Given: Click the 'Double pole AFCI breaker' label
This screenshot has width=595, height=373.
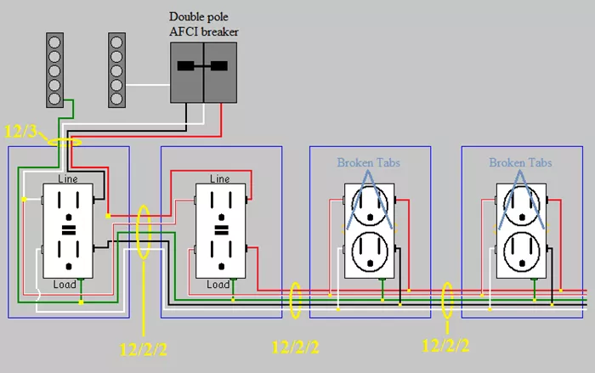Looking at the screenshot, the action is pos(204,24).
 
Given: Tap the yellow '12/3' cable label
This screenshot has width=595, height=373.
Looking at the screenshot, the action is pos(20,132).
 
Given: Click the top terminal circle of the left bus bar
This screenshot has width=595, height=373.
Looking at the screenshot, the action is pos(54,42).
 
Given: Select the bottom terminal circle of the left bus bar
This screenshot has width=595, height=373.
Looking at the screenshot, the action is pos(54,99).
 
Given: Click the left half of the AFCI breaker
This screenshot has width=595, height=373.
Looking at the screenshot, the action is pos(187,72).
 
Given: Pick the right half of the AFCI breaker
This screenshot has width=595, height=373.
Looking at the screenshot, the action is pos(220,72).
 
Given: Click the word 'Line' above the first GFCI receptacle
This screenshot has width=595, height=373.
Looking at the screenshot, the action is pos(68,178).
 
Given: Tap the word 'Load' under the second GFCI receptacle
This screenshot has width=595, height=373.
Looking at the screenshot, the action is pos(218,285).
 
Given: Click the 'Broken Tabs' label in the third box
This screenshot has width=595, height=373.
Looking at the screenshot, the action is pos(368,162).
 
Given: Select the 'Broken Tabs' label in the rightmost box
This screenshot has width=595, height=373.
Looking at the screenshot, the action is pos(520,162).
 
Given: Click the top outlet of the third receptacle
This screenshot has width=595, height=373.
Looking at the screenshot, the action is pos(370,206).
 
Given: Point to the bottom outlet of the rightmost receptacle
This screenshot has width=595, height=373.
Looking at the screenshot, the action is pos(522,251).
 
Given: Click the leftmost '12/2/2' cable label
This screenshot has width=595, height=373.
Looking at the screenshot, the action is pos(143,349).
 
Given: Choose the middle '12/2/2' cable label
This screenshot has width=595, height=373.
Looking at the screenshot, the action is pos(296,348).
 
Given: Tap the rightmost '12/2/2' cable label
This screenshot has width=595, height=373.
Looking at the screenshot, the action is pos(445,345).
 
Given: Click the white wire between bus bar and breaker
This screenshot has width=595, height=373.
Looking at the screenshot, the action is pos(148,85).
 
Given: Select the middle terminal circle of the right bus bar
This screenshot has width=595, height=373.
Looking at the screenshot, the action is pos(116,71).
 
